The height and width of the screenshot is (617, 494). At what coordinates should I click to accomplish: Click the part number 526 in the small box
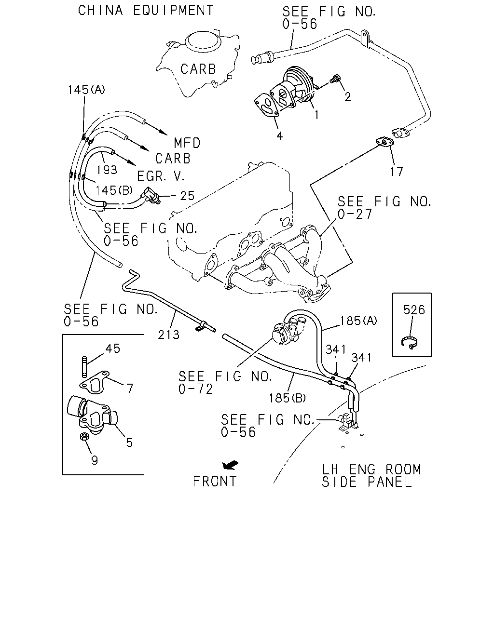pyautogui.click(x=413, y=310)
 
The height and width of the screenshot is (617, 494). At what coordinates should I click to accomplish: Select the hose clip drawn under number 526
pyautogui.click(x=409, y=342)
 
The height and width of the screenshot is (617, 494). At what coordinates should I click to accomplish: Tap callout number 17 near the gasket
pyautogui.click(x=397, y=172)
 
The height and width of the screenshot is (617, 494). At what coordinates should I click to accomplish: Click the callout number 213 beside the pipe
pyautogui.click(x=168, y=335)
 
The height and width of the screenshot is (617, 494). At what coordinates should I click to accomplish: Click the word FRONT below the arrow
pyautogui.click(x=215, y=482)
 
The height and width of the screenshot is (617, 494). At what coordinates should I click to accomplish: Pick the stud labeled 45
pyautogui.click(x=84, y=367)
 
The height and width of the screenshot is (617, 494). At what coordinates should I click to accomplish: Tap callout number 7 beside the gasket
pyautogui.click(x=130, y=389)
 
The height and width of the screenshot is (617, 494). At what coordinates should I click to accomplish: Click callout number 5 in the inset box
pyautogui.click(x=129, y=443)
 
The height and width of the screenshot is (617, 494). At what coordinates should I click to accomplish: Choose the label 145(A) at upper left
pyautogui.click(x=86, y=90)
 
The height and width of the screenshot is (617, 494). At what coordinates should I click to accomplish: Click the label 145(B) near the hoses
pyautogui.click(x=114, y=190)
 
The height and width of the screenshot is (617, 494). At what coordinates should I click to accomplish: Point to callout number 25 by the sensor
pyautogui.click(x=187, y=196)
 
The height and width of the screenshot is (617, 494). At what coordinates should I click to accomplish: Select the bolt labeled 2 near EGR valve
pyautogui.click(x=336, y=79)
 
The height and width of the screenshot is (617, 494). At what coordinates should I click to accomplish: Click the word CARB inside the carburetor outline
pyautogui.click(x=198, y=69)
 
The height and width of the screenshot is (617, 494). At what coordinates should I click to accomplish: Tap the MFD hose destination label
pyautogui.click(x=187, y=143)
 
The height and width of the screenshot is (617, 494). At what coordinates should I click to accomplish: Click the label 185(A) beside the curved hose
pyautogui.click(x=358, y=321)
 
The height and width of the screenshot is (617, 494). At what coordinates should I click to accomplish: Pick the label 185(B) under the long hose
pyautogui.click(x=288, y=398)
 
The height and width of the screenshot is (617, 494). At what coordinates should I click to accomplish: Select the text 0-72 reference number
pyautogui.click(x=195, y=389)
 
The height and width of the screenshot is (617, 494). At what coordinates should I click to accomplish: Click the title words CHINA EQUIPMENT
pyautogui.click(x=146, y=10)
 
